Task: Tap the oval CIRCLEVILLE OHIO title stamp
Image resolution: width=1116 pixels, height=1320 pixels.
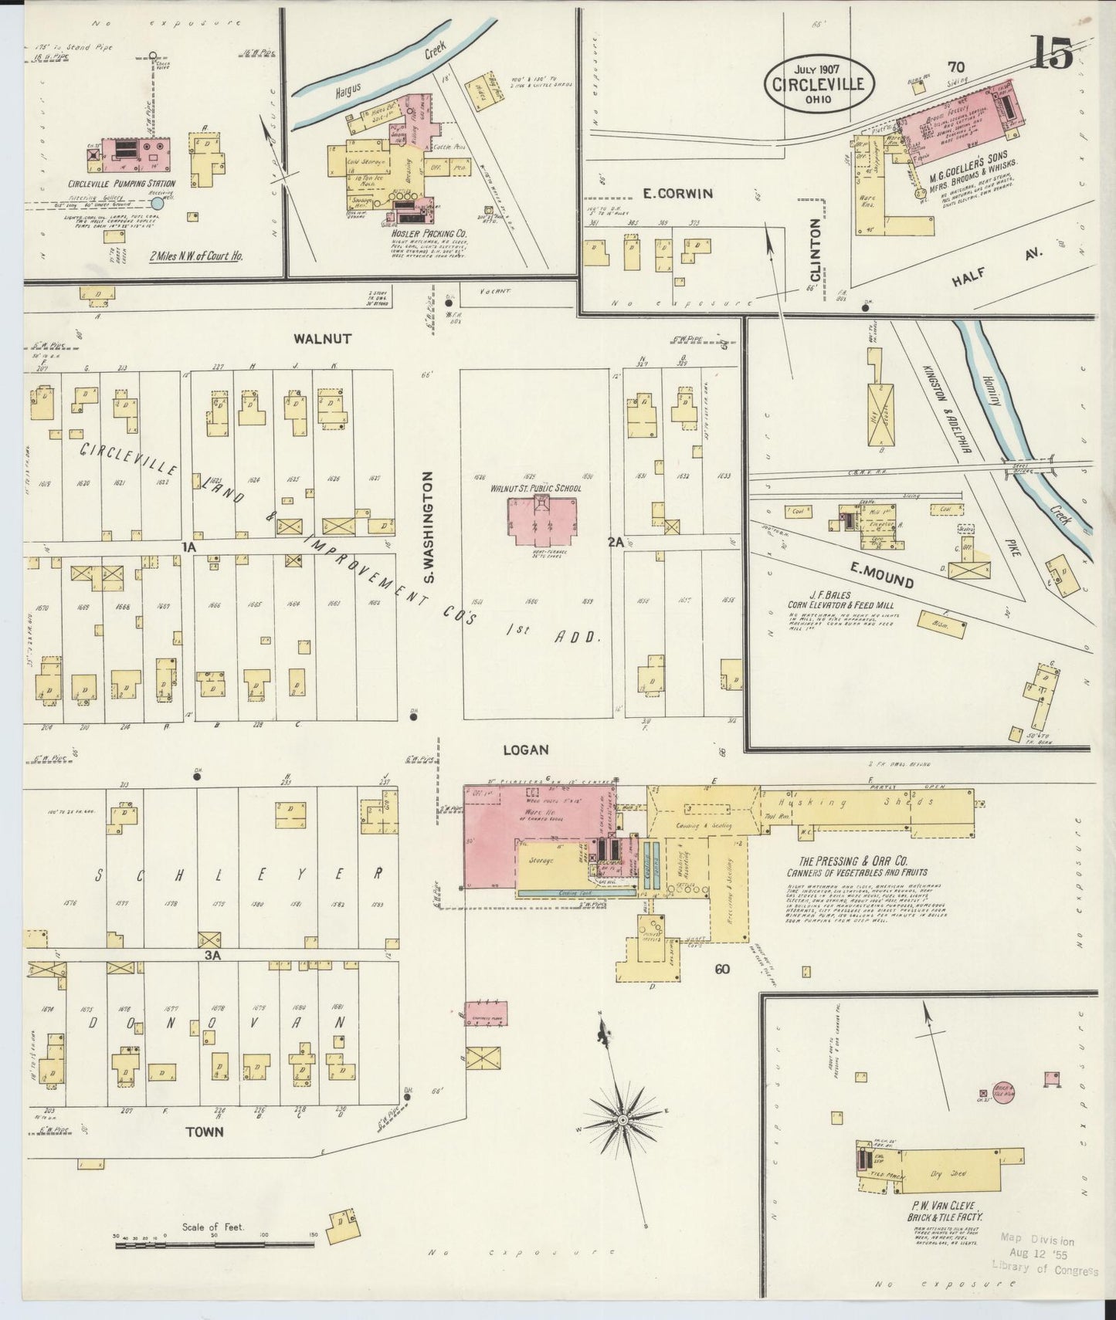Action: [x=819, y=84]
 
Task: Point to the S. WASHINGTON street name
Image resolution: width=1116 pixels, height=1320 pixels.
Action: [x=429, y=528]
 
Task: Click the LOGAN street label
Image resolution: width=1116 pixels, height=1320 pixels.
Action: [x=525, y=750]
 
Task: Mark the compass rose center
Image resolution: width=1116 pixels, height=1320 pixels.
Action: [x=622, y=1119]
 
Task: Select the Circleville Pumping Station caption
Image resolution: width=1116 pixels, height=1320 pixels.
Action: [x=121, y=184]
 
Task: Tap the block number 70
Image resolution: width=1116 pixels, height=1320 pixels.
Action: [x=958, y=67]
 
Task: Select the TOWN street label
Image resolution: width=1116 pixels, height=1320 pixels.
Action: [x=204, y=1132]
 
